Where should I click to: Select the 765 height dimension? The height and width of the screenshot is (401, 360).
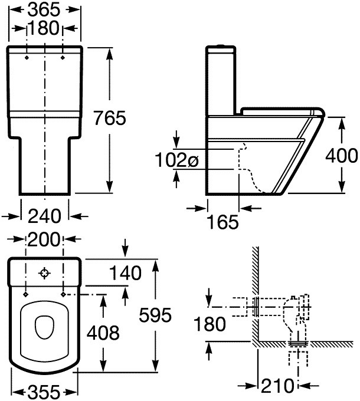[126, 118]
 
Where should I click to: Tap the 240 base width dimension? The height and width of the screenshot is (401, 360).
[45, 216]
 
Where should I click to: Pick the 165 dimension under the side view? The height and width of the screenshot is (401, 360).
[222, 222]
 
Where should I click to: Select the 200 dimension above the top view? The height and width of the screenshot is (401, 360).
[45, 240]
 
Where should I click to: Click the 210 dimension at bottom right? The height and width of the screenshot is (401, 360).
[277, 387]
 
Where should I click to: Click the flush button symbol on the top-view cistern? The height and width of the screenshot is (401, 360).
[45, 273]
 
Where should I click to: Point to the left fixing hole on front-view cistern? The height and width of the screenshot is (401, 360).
[28, 58]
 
